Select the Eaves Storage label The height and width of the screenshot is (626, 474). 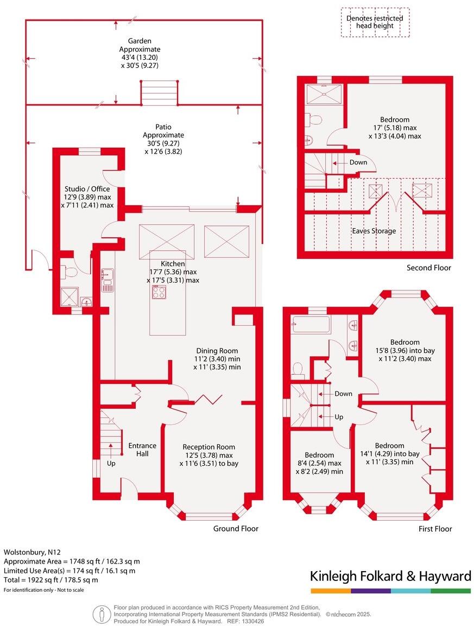click(x=374, y=231)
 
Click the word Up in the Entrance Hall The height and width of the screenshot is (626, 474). click(x=111, y=464)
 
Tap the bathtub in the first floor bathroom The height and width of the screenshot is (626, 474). click(x=310, y=325)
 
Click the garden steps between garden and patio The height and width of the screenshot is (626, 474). click(x=160, y=93)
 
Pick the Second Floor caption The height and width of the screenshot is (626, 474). click(x=429, y=268)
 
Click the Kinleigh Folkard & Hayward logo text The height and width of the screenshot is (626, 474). click(x=390, y=576)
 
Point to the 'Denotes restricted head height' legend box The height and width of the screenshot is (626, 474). click(x=375, y=22)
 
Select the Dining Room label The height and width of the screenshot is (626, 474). click(x=217, y=351)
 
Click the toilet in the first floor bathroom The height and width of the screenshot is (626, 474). click(x=298, y=370)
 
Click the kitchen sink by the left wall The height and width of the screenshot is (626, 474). click(x=107, y=279)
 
